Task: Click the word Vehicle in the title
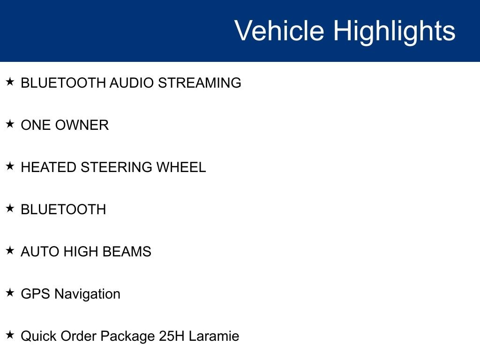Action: click(x=279, y=30)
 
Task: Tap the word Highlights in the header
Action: click(x=394, y=31)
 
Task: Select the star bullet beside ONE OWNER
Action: click(x=10, y=124)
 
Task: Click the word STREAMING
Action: click(x=200, y=83)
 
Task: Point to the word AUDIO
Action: click(x=132, y=83)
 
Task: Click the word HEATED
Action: click(x=48, y=167)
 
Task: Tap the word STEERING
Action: click(x=116, y=167)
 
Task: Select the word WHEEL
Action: click(x=181, y=167)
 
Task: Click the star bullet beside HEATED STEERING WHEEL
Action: click(x=10, y=166)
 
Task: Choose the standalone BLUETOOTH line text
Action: click(x=63, y=210)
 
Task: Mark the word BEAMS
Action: click(x=127, y=252)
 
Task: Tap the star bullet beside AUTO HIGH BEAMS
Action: click(x=10, y=251)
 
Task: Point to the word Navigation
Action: click(x=87, y=294)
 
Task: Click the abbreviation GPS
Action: click(x=36, y=294)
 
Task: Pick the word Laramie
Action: click(x=214, y=336)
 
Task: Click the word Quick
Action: click(x=38, y=336)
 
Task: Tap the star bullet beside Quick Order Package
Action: click(x=10, y=335)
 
